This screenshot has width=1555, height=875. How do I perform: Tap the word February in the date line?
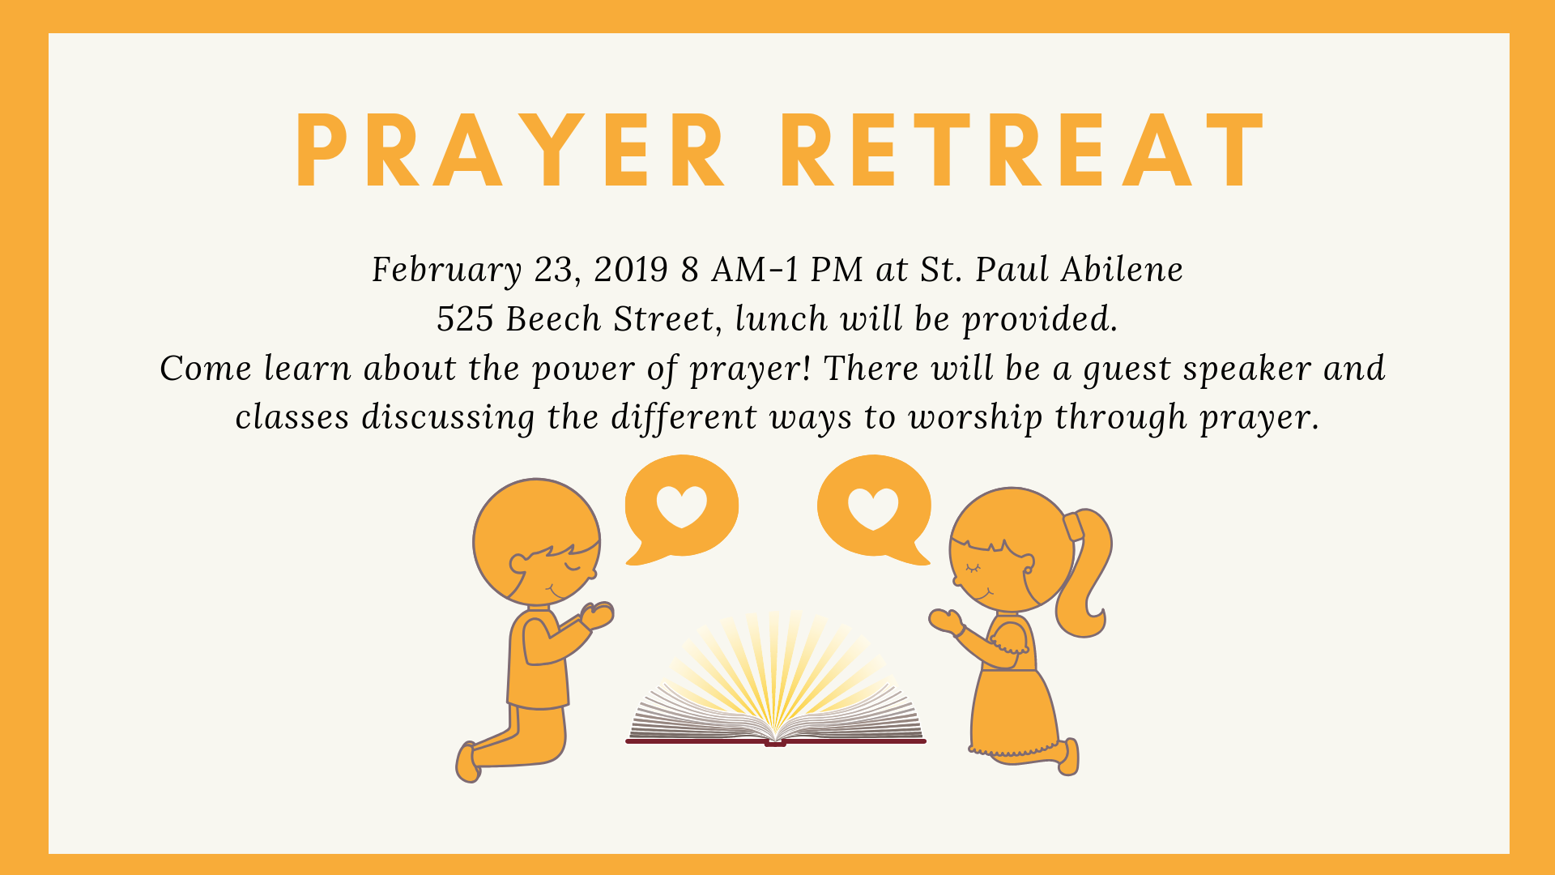(x=446, y=270)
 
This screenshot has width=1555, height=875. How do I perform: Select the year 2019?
(x=631, y=270)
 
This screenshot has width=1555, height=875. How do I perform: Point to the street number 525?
(x=465, y=319)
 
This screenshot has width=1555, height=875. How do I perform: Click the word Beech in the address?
(x=553, y=319)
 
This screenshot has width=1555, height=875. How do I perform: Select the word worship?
(x=975, y=418)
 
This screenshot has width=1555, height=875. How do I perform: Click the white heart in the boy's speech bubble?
(x=681, y=506)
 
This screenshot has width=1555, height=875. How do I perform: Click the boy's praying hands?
(x=598, y=615)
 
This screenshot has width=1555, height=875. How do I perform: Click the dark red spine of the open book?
(x=775, y=741)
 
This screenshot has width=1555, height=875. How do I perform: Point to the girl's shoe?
(x=1070, y=757)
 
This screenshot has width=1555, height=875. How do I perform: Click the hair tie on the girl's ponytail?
(x=1073, y=527)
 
